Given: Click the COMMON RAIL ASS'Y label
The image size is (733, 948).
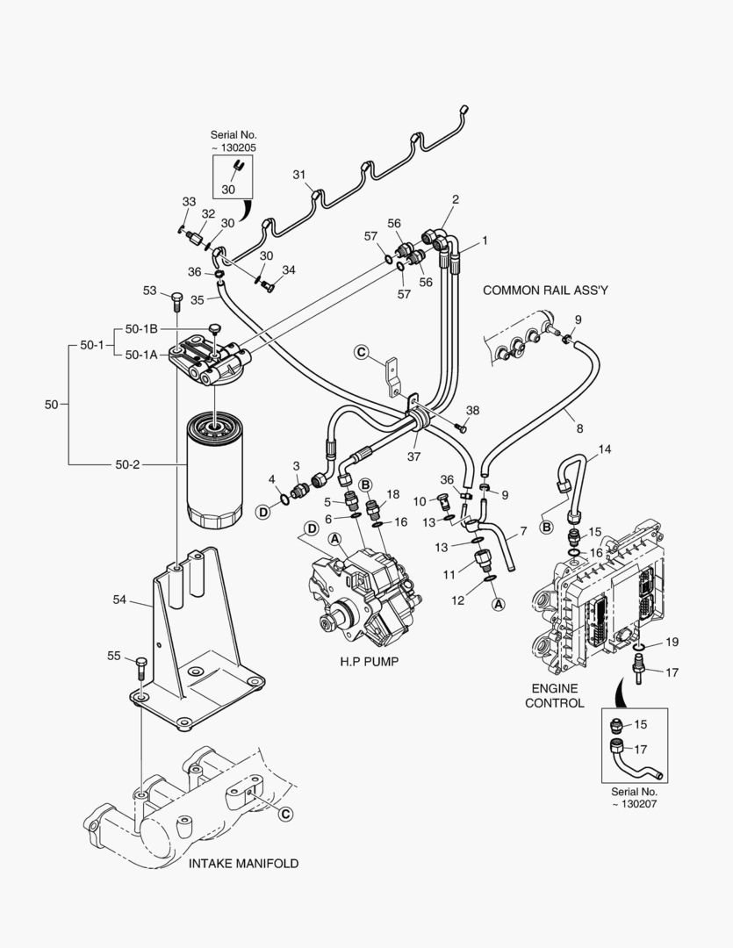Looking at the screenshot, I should point(545,290).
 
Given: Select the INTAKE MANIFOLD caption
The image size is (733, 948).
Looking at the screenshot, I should point(243,863).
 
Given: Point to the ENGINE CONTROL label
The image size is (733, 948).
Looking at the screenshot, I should point(554,695).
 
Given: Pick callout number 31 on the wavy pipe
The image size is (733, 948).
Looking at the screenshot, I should point(298,176).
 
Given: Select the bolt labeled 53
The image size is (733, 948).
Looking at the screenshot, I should point(176,303).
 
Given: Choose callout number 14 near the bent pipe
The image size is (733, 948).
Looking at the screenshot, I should point(604,450).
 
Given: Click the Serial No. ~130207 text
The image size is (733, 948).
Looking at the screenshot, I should point(636,797).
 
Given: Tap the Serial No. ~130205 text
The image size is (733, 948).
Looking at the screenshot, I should point(234,141).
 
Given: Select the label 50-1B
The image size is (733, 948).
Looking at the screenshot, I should point(141,328).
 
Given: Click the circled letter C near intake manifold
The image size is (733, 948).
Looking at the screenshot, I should point(284,814).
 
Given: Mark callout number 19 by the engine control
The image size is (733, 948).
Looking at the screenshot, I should point(672,643).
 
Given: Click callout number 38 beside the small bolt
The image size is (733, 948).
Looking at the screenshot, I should point(472,411).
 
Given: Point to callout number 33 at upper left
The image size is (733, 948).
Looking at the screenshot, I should point(189,202).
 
